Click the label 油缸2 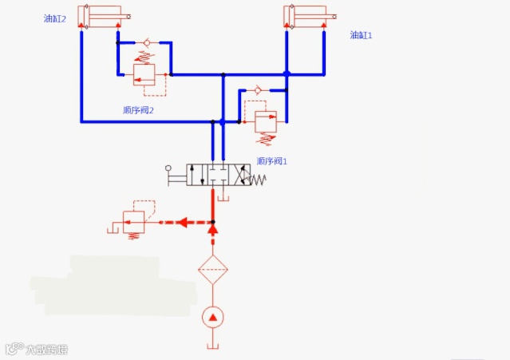(55, 18)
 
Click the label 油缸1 (362, 35)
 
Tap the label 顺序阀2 (139, 111)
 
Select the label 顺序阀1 (272, 160)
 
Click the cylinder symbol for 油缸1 (305, 15)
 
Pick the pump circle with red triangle (212, 317)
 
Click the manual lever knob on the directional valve (168, 168)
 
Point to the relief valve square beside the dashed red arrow (133, 221)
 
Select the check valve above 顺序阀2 (145, 42)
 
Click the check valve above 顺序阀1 (259, 91)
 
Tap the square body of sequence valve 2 (144, 74)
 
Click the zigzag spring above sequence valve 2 (144, 57)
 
